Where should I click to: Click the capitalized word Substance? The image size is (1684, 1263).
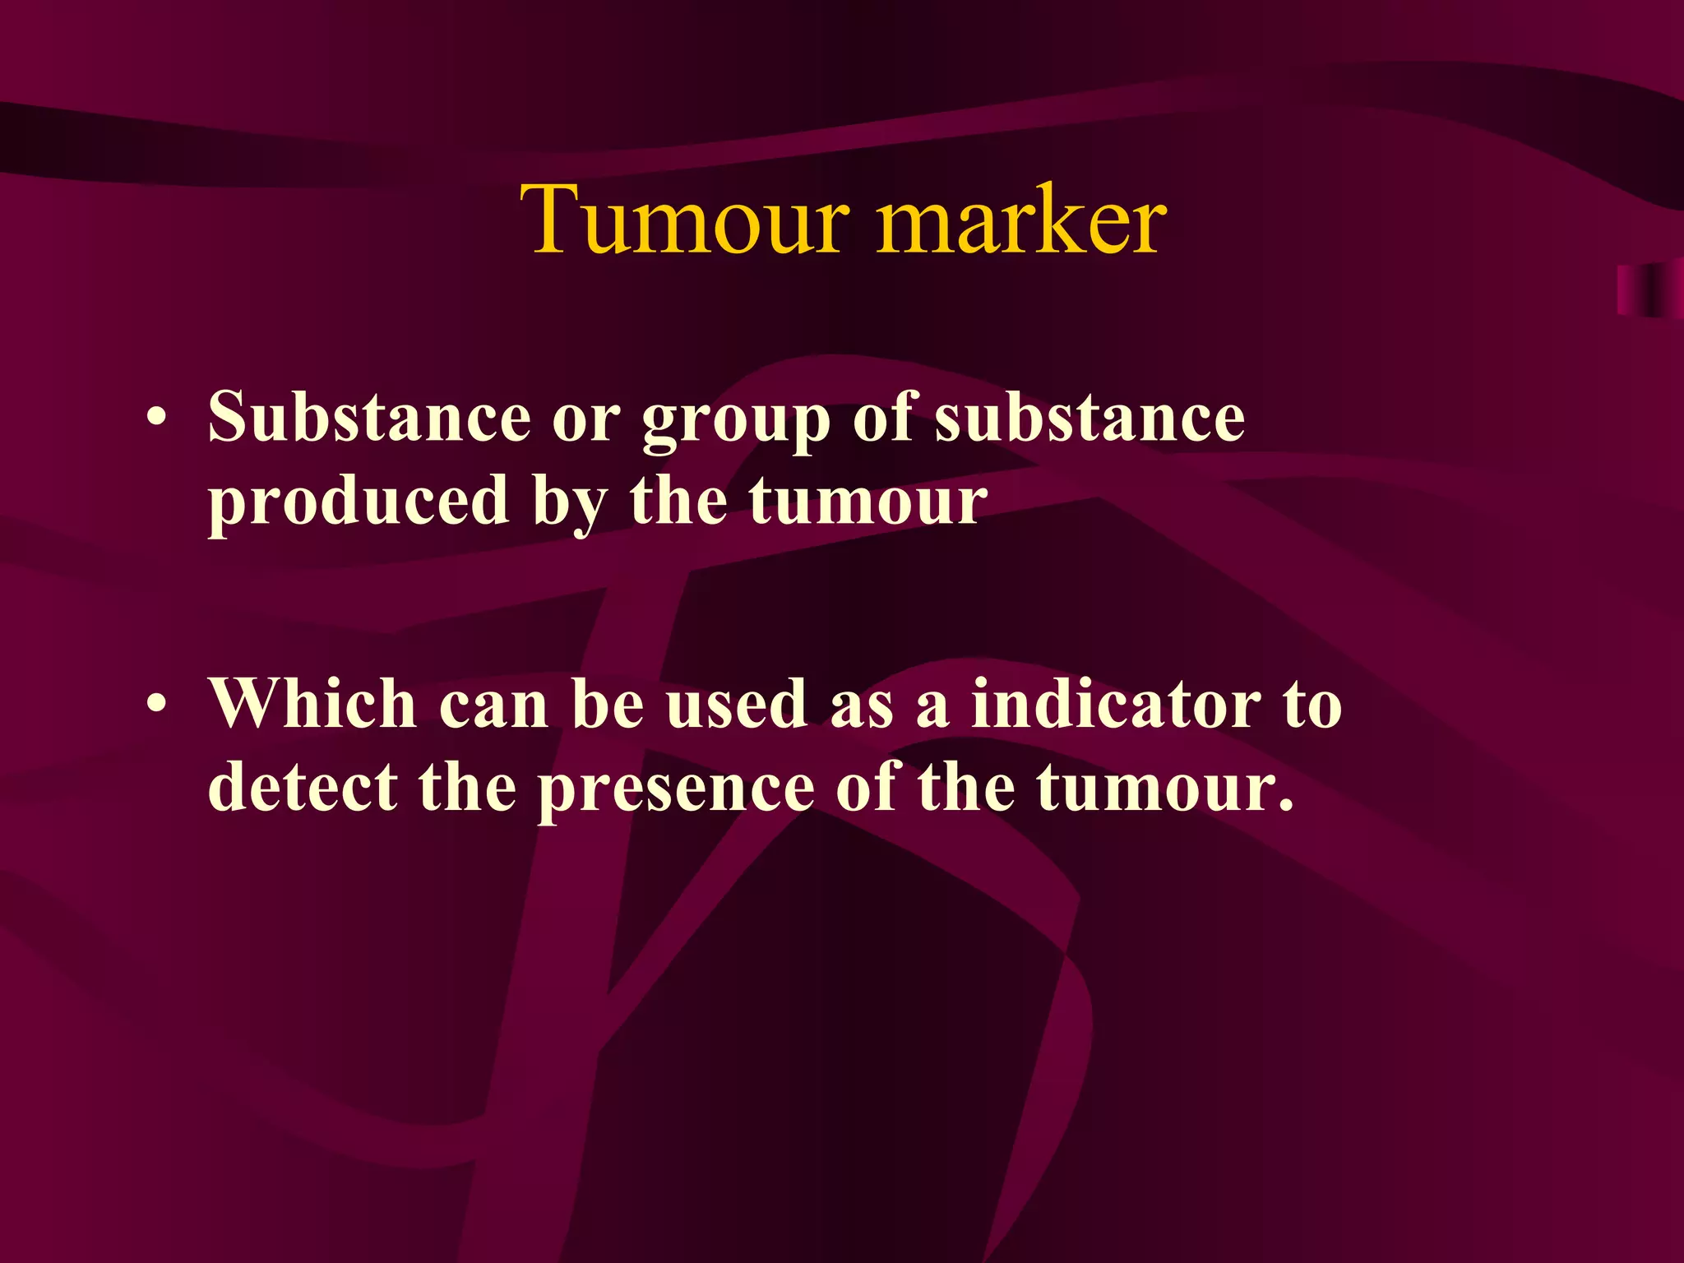[369, 418]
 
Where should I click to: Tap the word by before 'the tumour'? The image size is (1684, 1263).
[570, 503]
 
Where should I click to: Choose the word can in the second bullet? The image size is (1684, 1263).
[493, 706]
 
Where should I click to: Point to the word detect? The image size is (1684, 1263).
[303, 788]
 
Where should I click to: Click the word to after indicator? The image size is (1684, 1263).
[1312, 706]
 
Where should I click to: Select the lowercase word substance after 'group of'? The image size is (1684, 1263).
[1090, 418]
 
